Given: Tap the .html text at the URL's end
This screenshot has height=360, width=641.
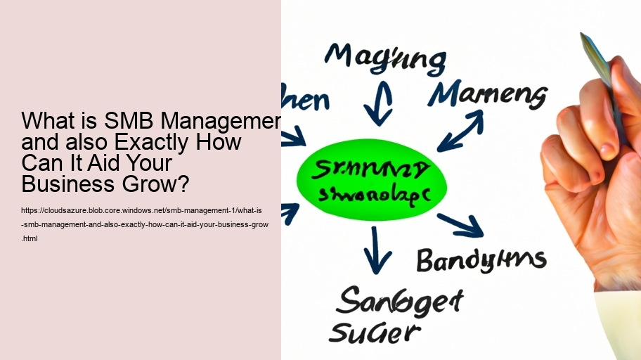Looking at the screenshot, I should [30, 238].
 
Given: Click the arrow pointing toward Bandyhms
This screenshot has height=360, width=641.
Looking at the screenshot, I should [460, 224].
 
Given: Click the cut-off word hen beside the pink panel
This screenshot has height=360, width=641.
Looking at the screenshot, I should [304, 101].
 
